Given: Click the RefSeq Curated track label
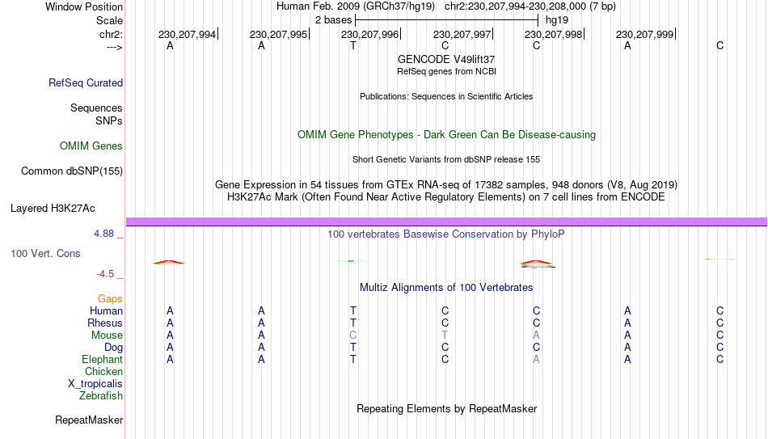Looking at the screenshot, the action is tap(86, 82).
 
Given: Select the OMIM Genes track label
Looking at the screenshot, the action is tap(91, 146).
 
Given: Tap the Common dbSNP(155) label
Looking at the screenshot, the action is tap(72, 171).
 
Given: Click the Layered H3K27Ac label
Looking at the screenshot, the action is tap(53, 209).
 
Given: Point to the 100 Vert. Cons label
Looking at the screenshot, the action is tap(45, 253).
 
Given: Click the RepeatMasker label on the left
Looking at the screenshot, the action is tap(89, 420).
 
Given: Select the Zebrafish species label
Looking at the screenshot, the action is tap(101, 395).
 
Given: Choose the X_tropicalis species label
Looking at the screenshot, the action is tap(95, 384).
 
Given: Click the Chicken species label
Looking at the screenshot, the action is tap(103, 371).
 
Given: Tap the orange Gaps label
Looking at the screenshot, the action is tap(110, 299).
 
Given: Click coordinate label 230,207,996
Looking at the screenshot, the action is tap(369, 34).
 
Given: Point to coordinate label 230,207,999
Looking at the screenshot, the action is tap(644, 34).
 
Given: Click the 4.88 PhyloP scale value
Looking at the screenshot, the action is tap(103, 233).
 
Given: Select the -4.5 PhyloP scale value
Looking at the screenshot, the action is tap(105, 274).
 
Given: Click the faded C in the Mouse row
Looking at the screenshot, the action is tap(352, 336).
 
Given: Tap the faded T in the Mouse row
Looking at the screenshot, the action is tap(445, 336).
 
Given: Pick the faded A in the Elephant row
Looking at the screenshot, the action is tap(536, 359).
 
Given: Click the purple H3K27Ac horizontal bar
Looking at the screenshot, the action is tap(447, 222).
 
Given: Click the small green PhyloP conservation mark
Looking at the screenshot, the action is tap(351, 261).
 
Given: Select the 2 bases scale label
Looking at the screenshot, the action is tap(334, 20).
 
